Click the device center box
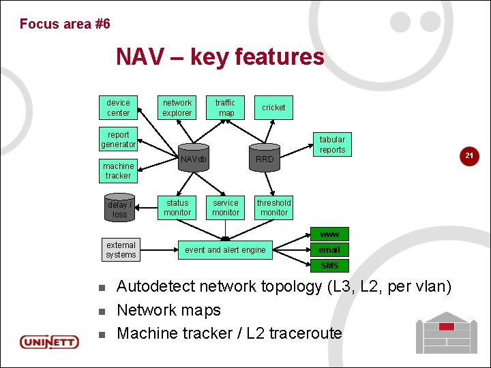tap(118, 108)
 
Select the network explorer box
tap(177, 108)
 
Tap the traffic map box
tap(226, 108)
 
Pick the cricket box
tap(273, 108)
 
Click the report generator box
tap(118, 139)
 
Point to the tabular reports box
tap(332, 144)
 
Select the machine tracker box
tap(118, 170)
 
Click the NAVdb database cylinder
tap(193, 159)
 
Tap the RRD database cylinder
tap(265, 159)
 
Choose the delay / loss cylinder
tap(120, 209)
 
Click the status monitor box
tap(177, 207)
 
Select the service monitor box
tap(226, 207)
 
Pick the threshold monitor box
tap(274, 207)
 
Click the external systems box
tap(121, 250)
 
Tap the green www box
tap(329, 234)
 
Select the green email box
tap(329, 250)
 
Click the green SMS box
tap(329, 266)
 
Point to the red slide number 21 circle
tap(469, 157)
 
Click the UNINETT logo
tap(49, 341)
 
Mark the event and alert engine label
tap(225, 250)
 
